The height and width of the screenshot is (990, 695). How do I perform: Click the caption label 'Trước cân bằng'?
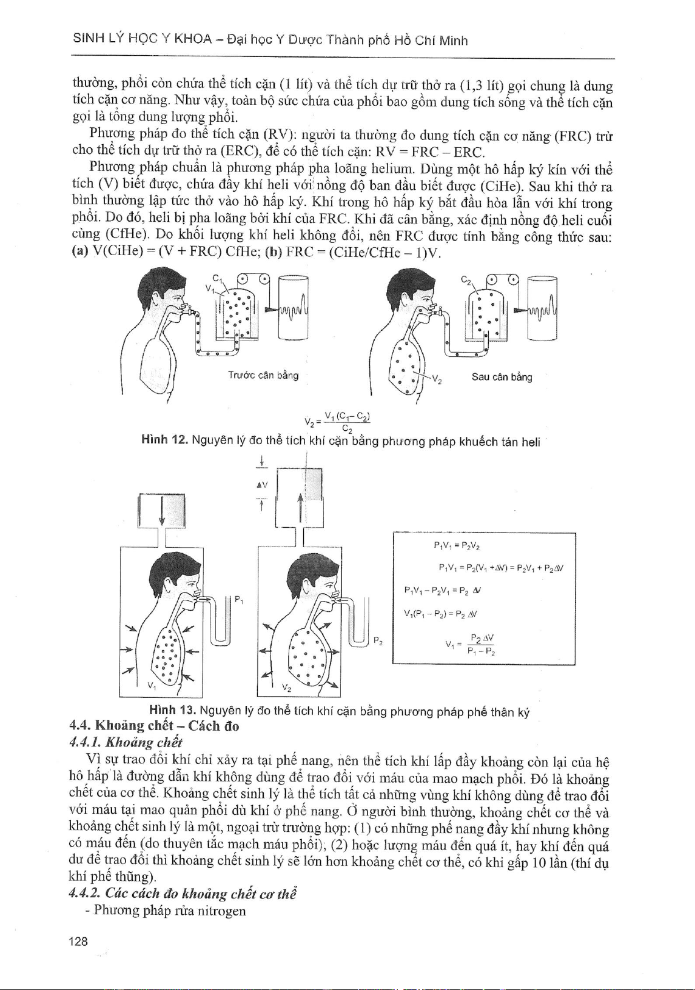(x=263, y=375)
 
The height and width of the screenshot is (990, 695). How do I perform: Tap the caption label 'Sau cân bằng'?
(x=502, y=377)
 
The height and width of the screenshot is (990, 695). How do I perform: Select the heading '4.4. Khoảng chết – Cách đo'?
(x=155, y=725)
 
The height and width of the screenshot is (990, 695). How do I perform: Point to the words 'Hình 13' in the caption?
(x=172, y=711)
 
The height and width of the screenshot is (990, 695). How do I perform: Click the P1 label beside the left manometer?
(x=238, y=600)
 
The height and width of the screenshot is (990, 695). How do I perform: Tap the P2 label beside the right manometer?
(x=377, y=640)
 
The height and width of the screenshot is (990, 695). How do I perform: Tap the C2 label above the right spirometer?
(x=466, y=281)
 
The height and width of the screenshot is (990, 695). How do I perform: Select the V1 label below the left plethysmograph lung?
(x=151, y=686)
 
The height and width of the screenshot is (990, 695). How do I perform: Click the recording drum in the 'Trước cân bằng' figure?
(x=294, y=308)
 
